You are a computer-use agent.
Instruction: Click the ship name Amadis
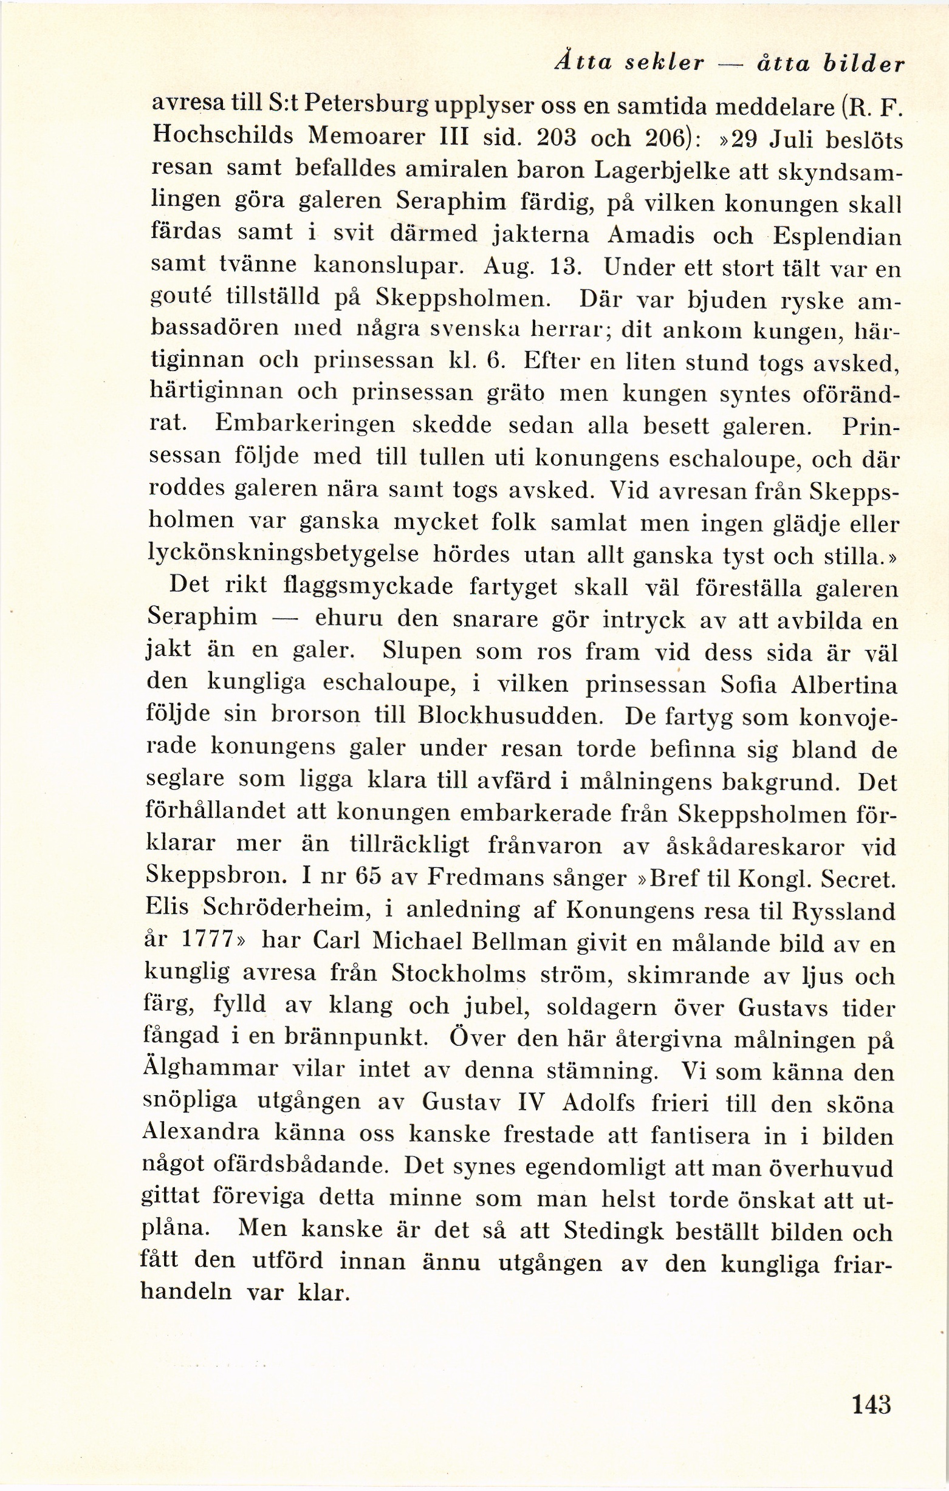tap(653, 234)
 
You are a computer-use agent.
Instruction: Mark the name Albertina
tap(836, 685)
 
